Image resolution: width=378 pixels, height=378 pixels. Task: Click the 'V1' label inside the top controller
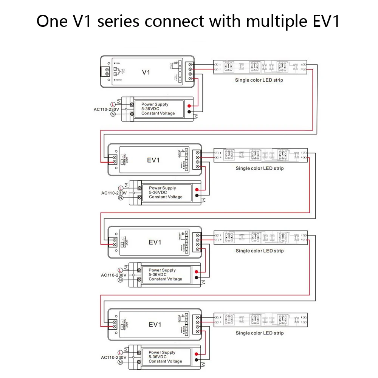point(146,71)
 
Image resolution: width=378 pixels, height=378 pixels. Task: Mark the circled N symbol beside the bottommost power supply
point(120,362)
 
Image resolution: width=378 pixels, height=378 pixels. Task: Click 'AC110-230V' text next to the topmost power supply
point(106,109)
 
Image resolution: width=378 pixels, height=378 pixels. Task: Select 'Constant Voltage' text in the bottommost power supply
point(165,361)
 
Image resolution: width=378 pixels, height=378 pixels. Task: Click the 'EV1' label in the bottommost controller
point(155,325)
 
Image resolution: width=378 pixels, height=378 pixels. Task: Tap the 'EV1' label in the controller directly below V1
point(154,160)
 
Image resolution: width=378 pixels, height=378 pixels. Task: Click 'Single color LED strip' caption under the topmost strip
point(259,80)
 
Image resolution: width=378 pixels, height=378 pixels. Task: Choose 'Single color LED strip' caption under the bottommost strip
point(259,333)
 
